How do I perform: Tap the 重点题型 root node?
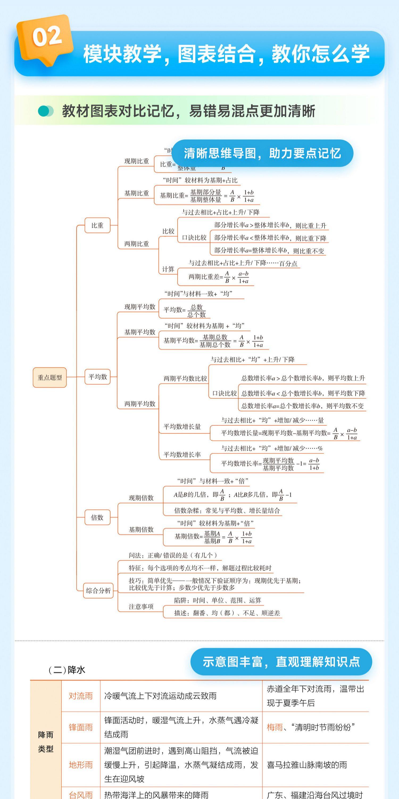(49, 377)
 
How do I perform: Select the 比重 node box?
(97, 226)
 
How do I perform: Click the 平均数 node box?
(98, 377)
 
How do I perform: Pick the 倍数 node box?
(97, 517)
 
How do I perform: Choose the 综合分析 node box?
(98, 590)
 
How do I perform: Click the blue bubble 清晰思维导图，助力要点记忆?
(262, 153)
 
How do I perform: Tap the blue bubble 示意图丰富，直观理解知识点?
(281, 662)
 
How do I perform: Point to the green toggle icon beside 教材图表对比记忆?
(45, 111)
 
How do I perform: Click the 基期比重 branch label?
(137, 193)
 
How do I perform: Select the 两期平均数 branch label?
(140, 404)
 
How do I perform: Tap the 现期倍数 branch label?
(141, 498)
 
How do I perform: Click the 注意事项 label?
(141, 607)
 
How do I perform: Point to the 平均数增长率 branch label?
(182, 455)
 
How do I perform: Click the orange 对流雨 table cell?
(81, 696)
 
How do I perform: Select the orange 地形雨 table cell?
(81, 765)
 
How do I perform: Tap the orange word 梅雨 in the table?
(275, 727)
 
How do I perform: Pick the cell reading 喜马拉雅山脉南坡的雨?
(307, 765)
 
